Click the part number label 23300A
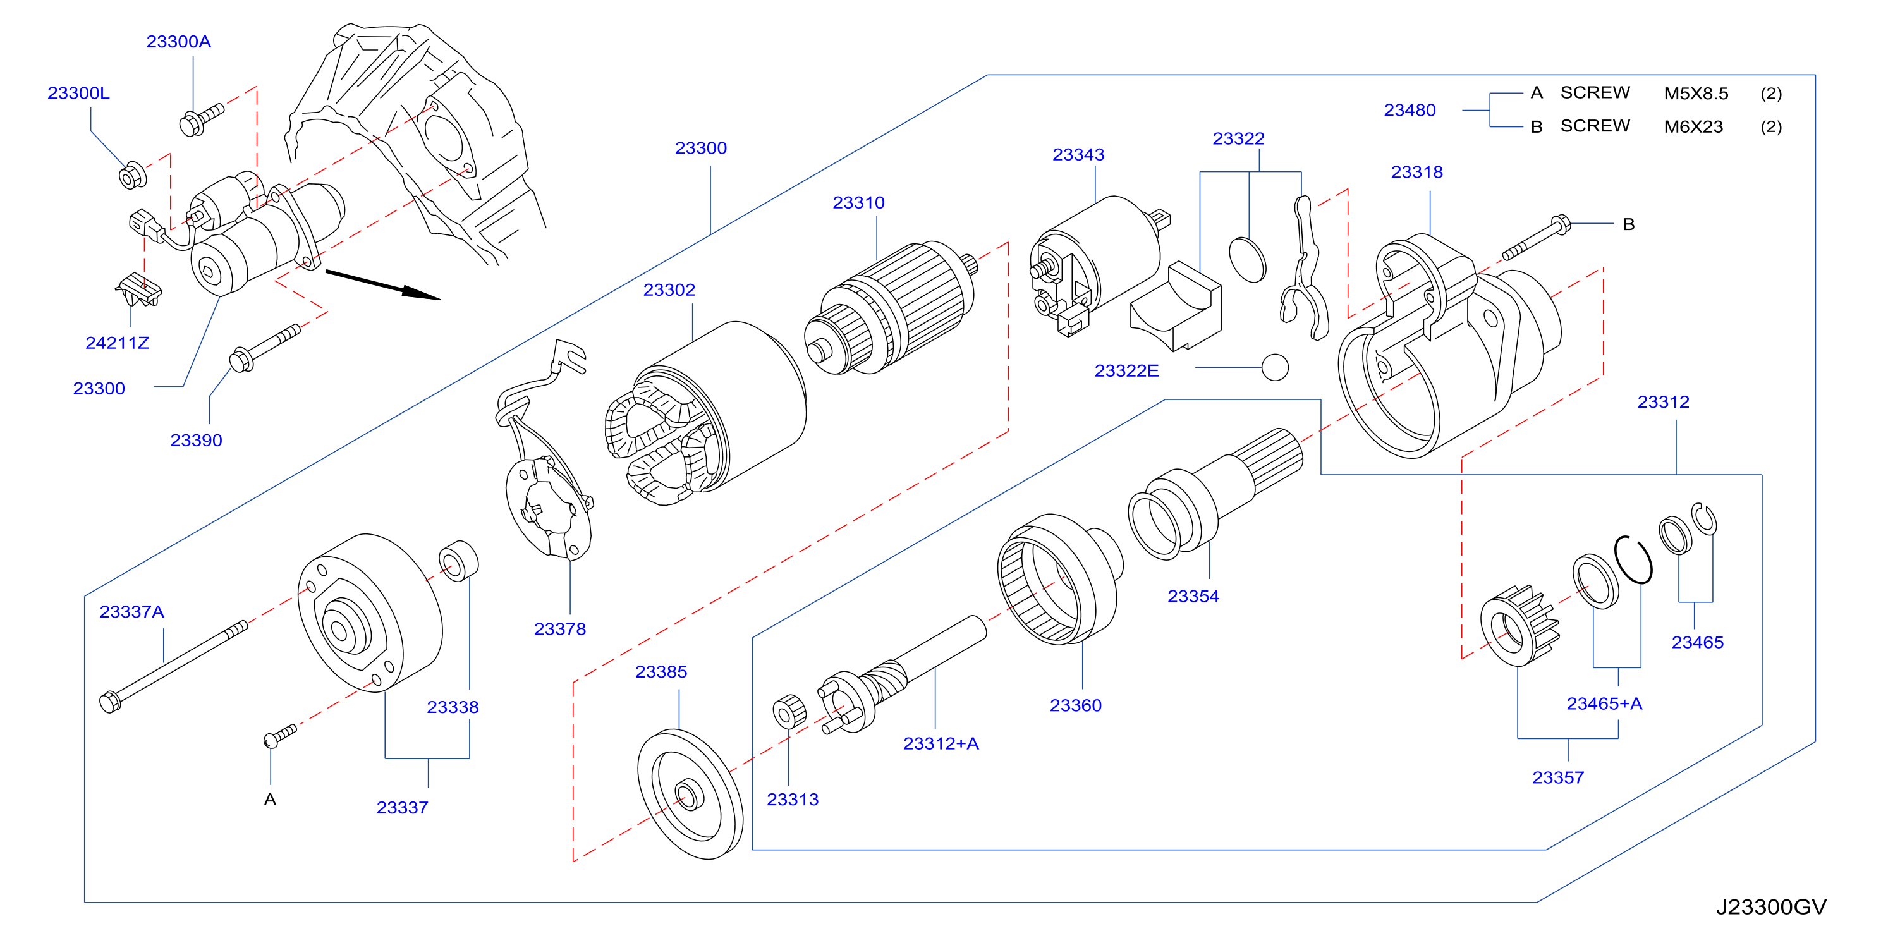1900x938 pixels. (x=178, y=41)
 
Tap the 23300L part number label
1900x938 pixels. (x=78, y=93)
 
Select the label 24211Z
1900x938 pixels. (x=118, y=343)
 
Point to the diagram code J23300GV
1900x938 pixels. (x=1771, y=907)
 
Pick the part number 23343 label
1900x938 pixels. (x=1078, y=155)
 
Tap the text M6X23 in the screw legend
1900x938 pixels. (x=1693, y=127)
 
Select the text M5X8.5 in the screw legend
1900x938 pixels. (x=1696, y=94)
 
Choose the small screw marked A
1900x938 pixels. (x=279, y=735)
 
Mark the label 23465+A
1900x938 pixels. (x=1604, y=703)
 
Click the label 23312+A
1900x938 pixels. (x=941, y=743)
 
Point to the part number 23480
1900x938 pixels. (x=1410, y=111)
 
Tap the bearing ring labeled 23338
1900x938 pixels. (x=458, y=561)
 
